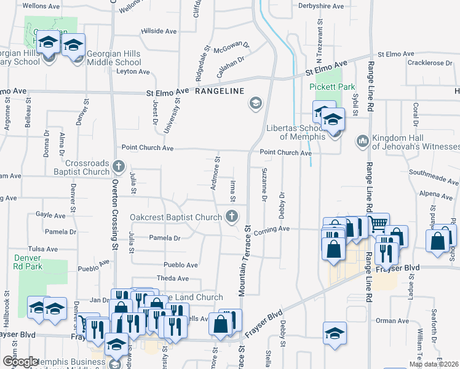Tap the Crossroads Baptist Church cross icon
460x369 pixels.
(x=117, y=167)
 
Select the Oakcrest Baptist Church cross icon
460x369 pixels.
(x=231, y=215)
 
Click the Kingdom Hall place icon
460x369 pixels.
(x=362, y=141)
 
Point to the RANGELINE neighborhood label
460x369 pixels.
(x=220, y=91)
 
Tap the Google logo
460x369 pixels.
(x=20, y=362)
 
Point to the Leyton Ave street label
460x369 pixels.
(x=133, y=72)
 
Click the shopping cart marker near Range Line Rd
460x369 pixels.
(x=378, y=224)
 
